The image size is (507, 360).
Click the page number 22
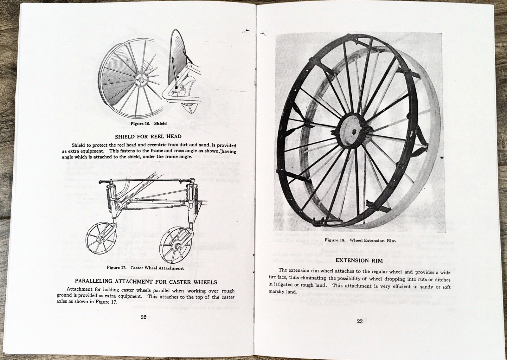(143, 318)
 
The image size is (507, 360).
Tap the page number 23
(360, 321)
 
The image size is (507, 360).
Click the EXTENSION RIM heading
(359, 260)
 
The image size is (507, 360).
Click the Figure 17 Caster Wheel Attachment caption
(145, 268)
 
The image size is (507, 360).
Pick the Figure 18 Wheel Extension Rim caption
(360, 241)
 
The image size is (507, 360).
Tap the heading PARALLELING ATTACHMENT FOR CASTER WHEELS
(146, 281)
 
